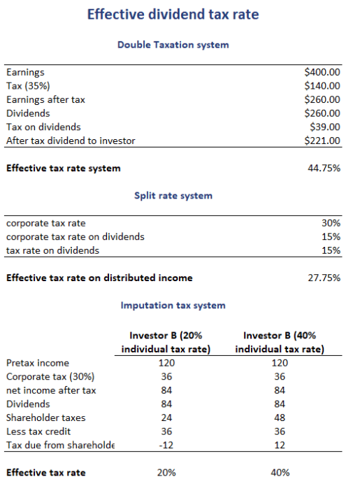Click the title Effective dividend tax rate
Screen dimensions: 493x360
coord(173,15)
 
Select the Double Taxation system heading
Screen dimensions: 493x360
coord(173,45)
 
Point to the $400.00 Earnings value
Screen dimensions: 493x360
coord(323,72)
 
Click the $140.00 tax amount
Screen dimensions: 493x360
coord(323,86)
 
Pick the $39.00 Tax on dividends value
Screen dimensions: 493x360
coord(325,127)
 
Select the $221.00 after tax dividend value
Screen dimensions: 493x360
coord(323,141)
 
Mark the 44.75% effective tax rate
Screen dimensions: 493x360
coord(324,169)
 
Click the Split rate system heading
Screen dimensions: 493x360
coord(173,196)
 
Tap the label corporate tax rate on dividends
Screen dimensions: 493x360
coord(75,236)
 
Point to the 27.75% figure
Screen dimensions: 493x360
coord(324,278)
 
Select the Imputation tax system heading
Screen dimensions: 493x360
coord(173,306)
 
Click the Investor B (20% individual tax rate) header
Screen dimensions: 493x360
coord(166,343)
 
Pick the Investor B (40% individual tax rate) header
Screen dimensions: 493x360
coord(280,343)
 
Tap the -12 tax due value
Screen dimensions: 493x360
coord(166,445)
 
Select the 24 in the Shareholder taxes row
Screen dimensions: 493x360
coord(166,417)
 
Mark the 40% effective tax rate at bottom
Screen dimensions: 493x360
coord(280,473)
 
